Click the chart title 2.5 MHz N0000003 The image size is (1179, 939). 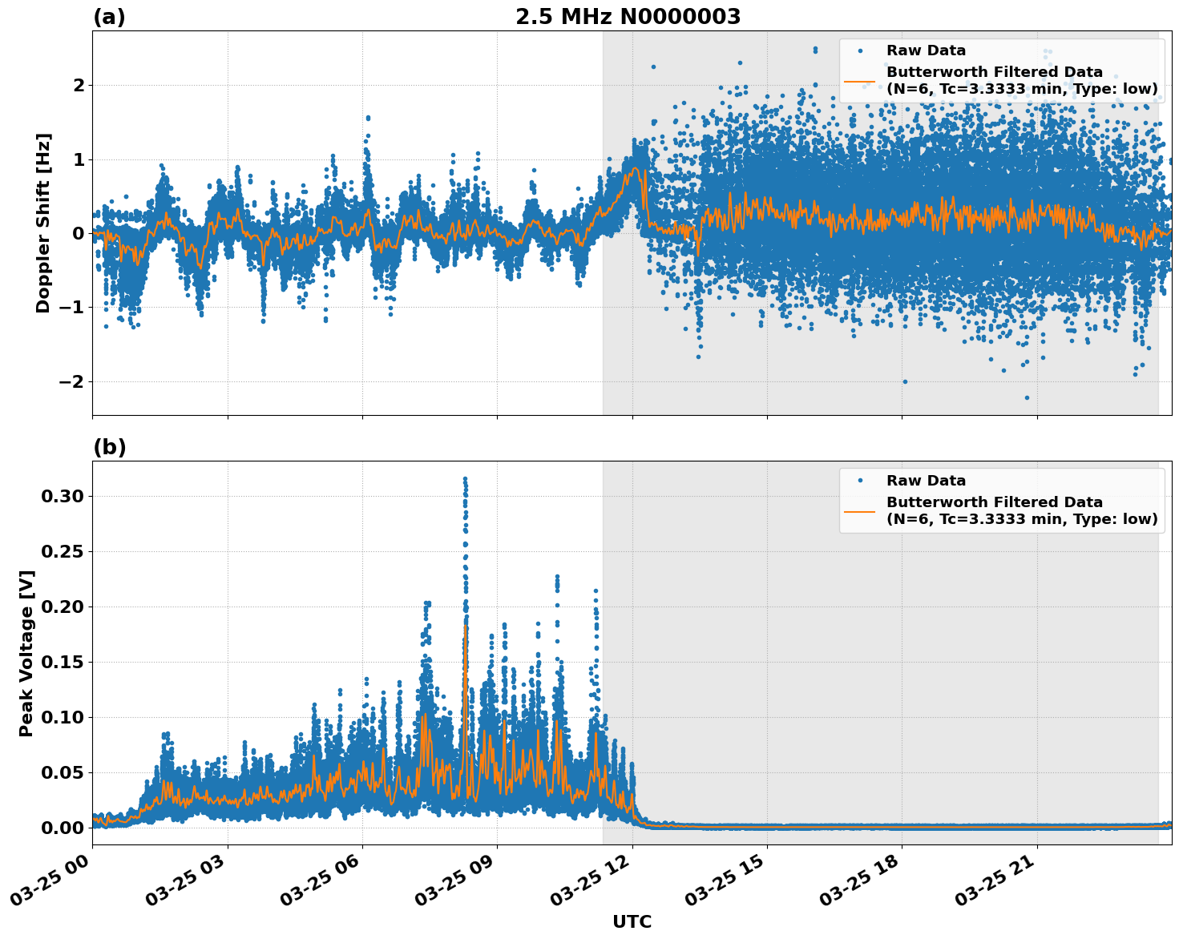click(628, 17)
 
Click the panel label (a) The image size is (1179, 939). click(109, 17)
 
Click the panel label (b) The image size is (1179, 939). click(109, 447)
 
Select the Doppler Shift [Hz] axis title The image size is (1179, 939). click(43, 223)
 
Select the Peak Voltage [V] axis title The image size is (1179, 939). click(26, 653)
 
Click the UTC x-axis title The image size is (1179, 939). click(632, 922)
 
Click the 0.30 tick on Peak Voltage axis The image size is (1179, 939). click(62, 496)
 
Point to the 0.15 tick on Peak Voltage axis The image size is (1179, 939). click(62, 662)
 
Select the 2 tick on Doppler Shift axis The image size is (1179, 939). click(78, 85)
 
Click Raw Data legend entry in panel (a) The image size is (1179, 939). click(926, 50)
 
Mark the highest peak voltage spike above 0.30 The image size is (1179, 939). click(465, 479)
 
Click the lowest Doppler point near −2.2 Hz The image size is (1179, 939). click(1027, 397)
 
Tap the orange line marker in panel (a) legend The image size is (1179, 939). click(860, 80)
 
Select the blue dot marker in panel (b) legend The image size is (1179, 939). click(860, 481)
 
